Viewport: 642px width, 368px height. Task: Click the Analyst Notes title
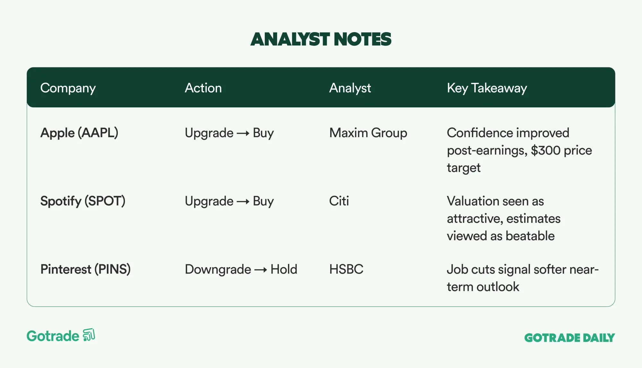coord(321,39)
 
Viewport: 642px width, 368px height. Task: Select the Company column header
coord(68,88)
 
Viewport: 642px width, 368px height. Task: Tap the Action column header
coord(203,88)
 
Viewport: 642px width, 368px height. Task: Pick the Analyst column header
coord(350,88)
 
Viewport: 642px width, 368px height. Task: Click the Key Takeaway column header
coord(487,88)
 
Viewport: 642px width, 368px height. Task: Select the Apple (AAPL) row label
coord(79,133)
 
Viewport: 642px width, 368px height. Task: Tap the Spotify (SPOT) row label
coord(83,201)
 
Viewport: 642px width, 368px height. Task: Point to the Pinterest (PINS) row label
coord(85,269)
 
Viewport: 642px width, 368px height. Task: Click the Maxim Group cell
coord(368,133)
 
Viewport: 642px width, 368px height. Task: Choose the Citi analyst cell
coord(339,201)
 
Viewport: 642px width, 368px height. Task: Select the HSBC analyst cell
coord(346,269)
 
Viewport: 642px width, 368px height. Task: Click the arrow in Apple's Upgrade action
coord(243,133)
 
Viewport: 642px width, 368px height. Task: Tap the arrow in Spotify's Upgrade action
coord(243,202)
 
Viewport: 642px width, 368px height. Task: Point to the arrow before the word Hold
coord(261,270)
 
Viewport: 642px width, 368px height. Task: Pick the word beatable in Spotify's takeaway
coord(530,236)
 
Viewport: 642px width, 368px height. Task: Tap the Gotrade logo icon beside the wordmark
coord(89,335)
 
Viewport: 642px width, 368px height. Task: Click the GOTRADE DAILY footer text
coord(569,338)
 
